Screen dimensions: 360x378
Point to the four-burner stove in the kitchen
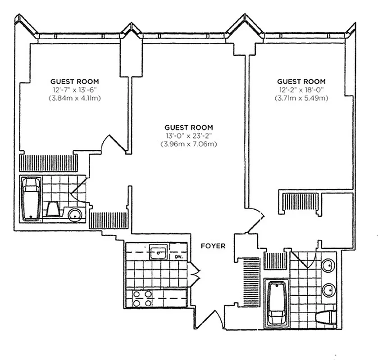pyautogui.click(x=142, y=297)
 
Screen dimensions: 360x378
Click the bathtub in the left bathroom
pyautogui.click(x=31, y=198)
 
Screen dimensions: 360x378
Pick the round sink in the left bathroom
pyautogui.click(x=75, y=215)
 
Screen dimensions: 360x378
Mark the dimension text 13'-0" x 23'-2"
pyautogui.click(x=188, y=136)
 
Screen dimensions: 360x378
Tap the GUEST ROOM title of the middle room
pyautogui.click(x=188, y=128)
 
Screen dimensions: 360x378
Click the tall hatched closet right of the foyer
pyautogui.click(x=249, y=282)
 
